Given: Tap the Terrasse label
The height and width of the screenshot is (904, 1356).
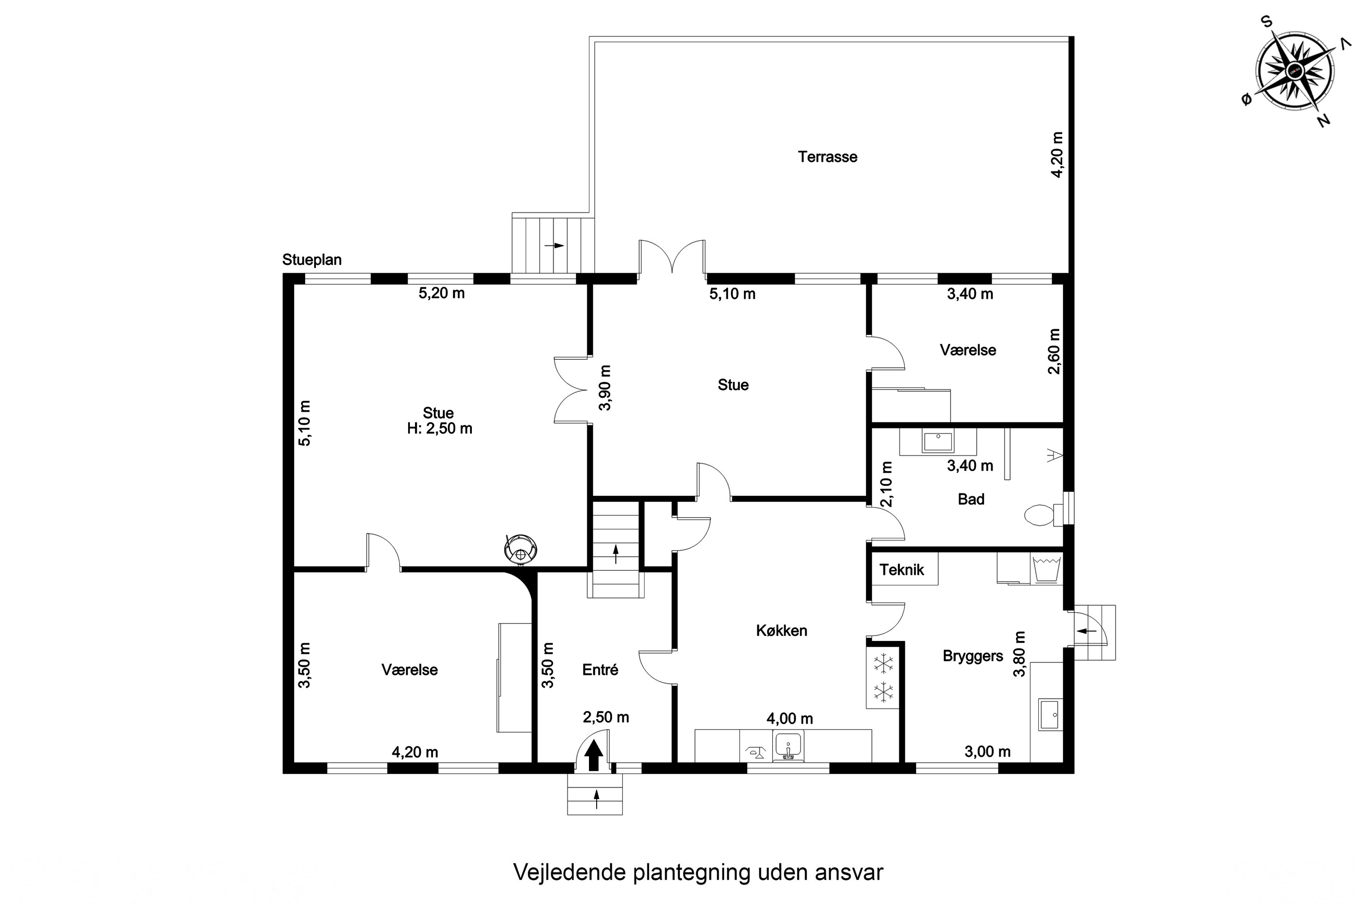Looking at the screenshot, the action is click(x=827, y=157).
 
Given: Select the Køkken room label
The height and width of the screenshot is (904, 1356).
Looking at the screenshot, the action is click(x=781, y=630).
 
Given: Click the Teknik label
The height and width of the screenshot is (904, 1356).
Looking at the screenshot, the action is click(x=902, y=570).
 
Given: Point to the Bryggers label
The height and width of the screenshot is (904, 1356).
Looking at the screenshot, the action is click(x=973, y=656).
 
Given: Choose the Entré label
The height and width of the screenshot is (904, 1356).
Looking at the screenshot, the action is click(x=600, y=669).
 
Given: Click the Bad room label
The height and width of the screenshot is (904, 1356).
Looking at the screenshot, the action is click(x=971, y=499).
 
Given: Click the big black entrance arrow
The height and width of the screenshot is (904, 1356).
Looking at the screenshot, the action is click(x=594, y=756).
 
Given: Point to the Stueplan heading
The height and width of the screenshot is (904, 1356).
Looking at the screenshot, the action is click(x=312, y=260).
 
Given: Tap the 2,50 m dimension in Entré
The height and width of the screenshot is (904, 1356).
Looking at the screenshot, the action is click(x=606, y=717).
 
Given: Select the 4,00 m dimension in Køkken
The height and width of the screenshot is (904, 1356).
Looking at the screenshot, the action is click(x=790, y=718).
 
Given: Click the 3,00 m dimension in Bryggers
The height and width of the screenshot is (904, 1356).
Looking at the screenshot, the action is click(x=988, y=751).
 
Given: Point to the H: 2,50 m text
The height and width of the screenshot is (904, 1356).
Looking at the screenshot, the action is click(x=439, y=428).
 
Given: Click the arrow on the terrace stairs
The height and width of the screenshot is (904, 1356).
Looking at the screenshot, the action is click(x=555, y=245).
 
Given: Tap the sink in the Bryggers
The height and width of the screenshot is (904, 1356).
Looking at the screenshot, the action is click(x=1050, y=715).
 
